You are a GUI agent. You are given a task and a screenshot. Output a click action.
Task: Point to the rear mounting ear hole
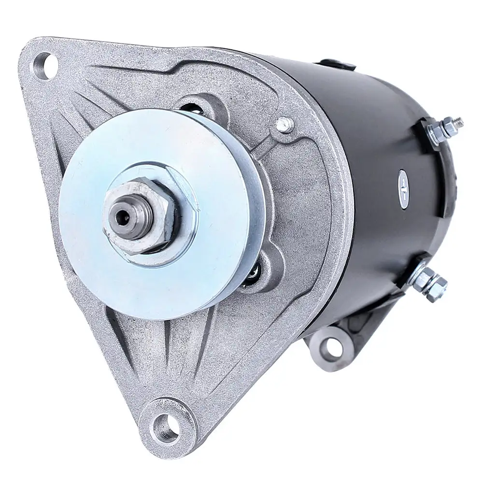pos(332,345)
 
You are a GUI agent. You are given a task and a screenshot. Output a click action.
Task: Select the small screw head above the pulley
pos(285,125)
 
